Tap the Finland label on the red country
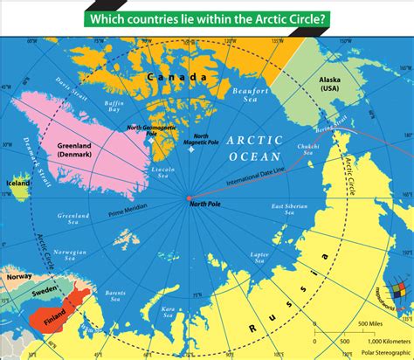click(x=53, y=308)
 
